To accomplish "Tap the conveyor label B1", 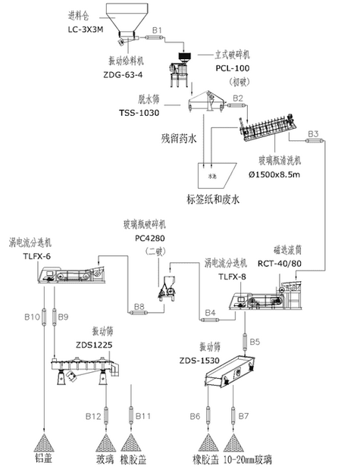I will pos(158,29).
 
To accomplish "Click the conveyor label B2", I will pos(237,98).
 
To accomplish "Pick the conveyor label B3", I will pos(313,135).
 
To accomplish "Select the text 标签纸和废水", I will pos(212,200).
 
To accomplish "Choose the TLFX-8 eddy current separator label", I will pos(233,277).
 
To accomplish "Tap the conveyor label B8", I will pos(139,307).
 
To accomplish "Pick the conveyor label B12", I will pos(93,417).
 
